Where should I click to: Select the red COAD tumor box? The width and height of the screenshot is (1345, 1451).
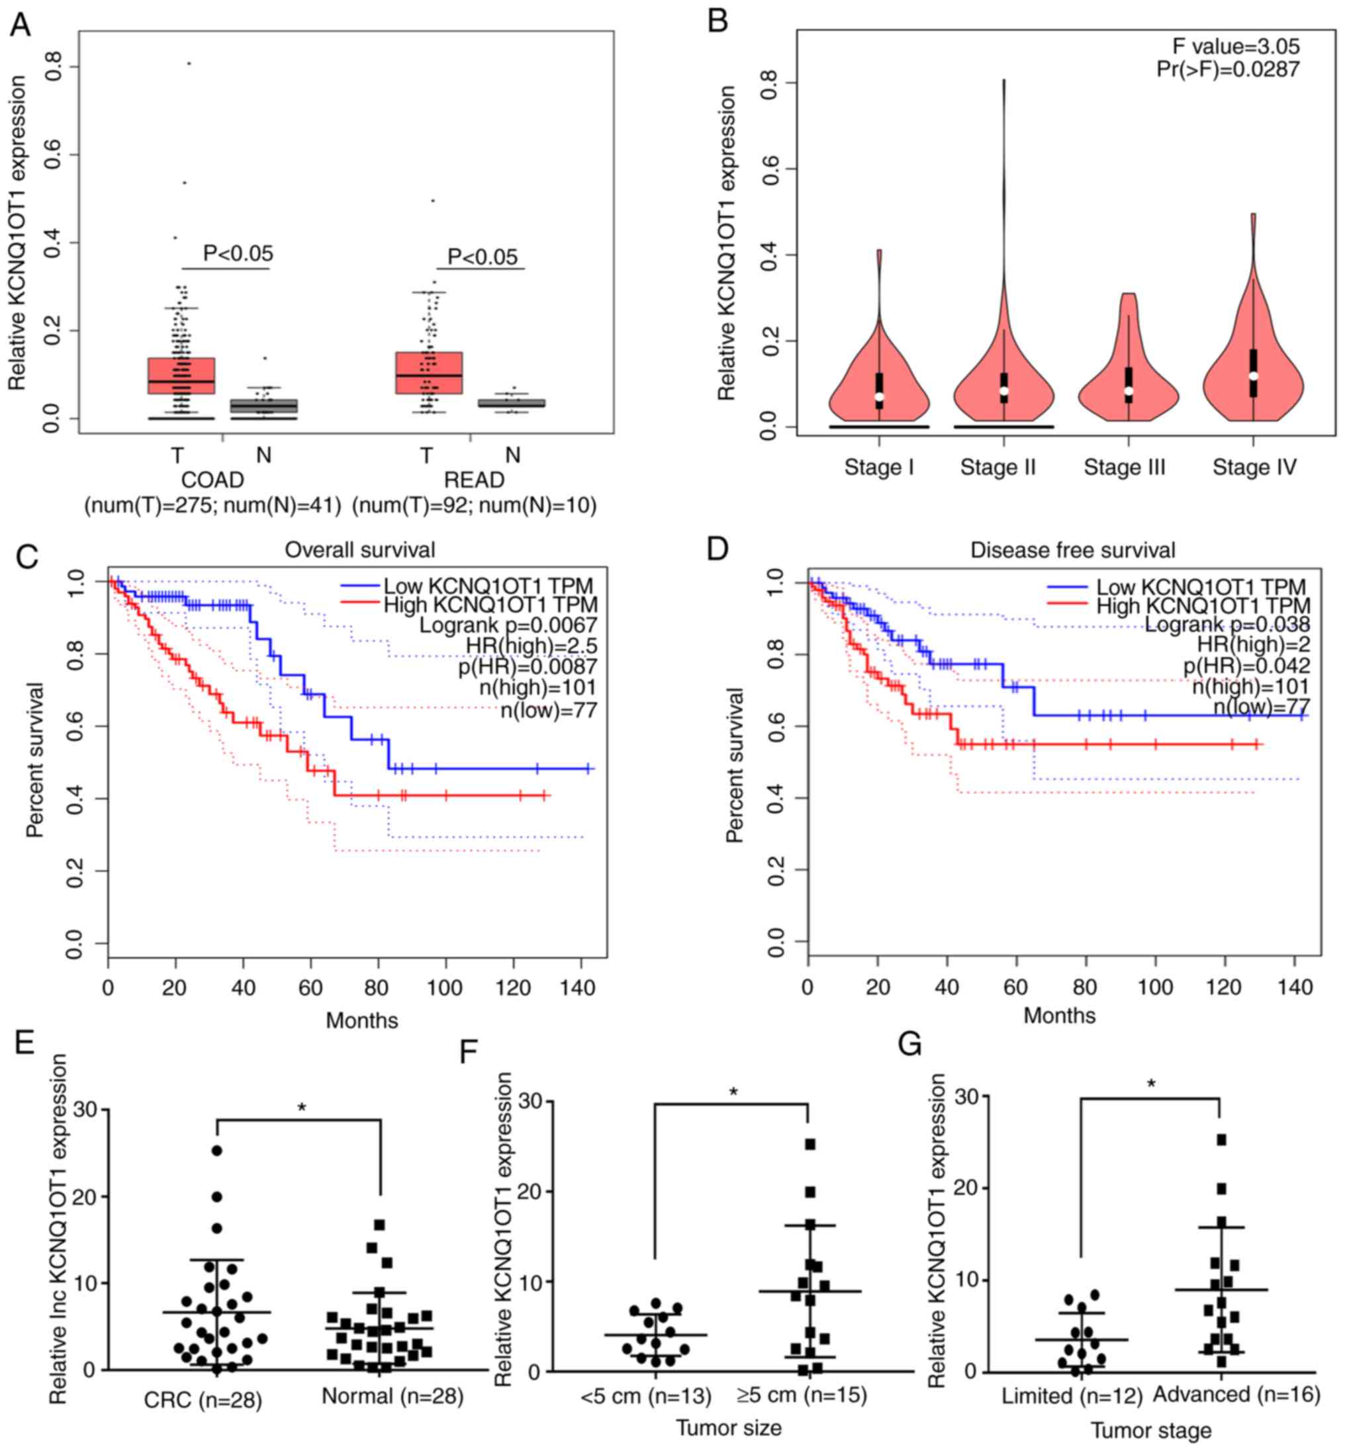coord(181,374)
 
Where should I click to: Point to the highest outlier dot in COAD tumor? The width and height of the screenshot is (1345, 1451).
coord(189,64)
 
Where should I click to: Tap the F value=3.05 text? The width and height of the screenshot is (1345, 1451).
coord(1235,46)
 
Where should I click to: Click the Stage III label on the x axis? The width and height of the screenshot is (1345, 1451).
coord(1124,466)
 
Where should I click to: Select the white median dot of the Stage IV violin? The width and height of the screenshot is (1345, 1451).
coord(1252,375)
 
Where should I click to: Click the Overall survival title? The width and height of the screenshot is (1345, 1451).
coord(359,549)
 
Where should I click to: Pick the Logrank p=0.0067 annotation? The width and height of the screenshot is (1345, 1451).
coord(507,625)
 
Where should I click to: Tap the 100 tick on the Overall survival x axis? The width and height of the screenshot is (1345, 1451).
coord(445,987)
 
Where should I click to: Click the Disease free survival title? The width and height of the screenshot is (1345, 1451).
coord(1072,549)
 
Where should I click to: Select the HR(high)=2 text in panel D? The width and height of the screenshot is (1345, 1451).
coord(1253,644)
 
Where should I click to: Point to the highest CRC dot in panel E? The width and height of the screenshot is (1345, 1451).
coord(217,1151)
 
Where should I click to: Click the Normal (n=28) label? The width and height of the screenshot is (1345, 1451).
coord(393,1395)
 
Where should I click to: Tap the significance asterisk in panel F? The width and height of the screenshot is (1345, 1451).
coord(733,1092)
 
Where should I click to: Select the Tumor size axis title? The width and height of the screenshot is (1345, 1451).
coord(729,1428)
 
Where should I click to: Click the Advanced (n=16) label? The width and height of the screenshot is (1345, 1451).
coord(1236,1393)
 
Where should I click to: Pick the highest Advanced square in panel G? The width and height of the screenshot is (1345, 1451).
coord(1221,1139)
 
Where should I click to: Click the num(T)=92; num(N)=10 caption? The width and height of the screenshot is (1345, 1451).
coord(474,505)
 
